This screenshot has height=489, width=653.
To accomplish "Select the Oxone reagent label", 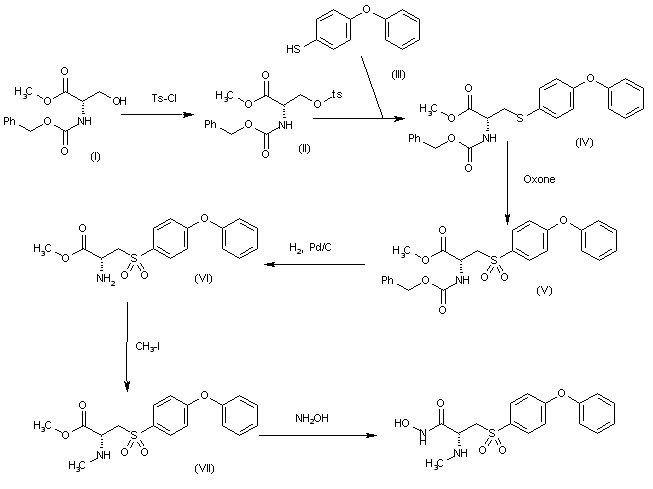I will [x=540, y=180].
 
